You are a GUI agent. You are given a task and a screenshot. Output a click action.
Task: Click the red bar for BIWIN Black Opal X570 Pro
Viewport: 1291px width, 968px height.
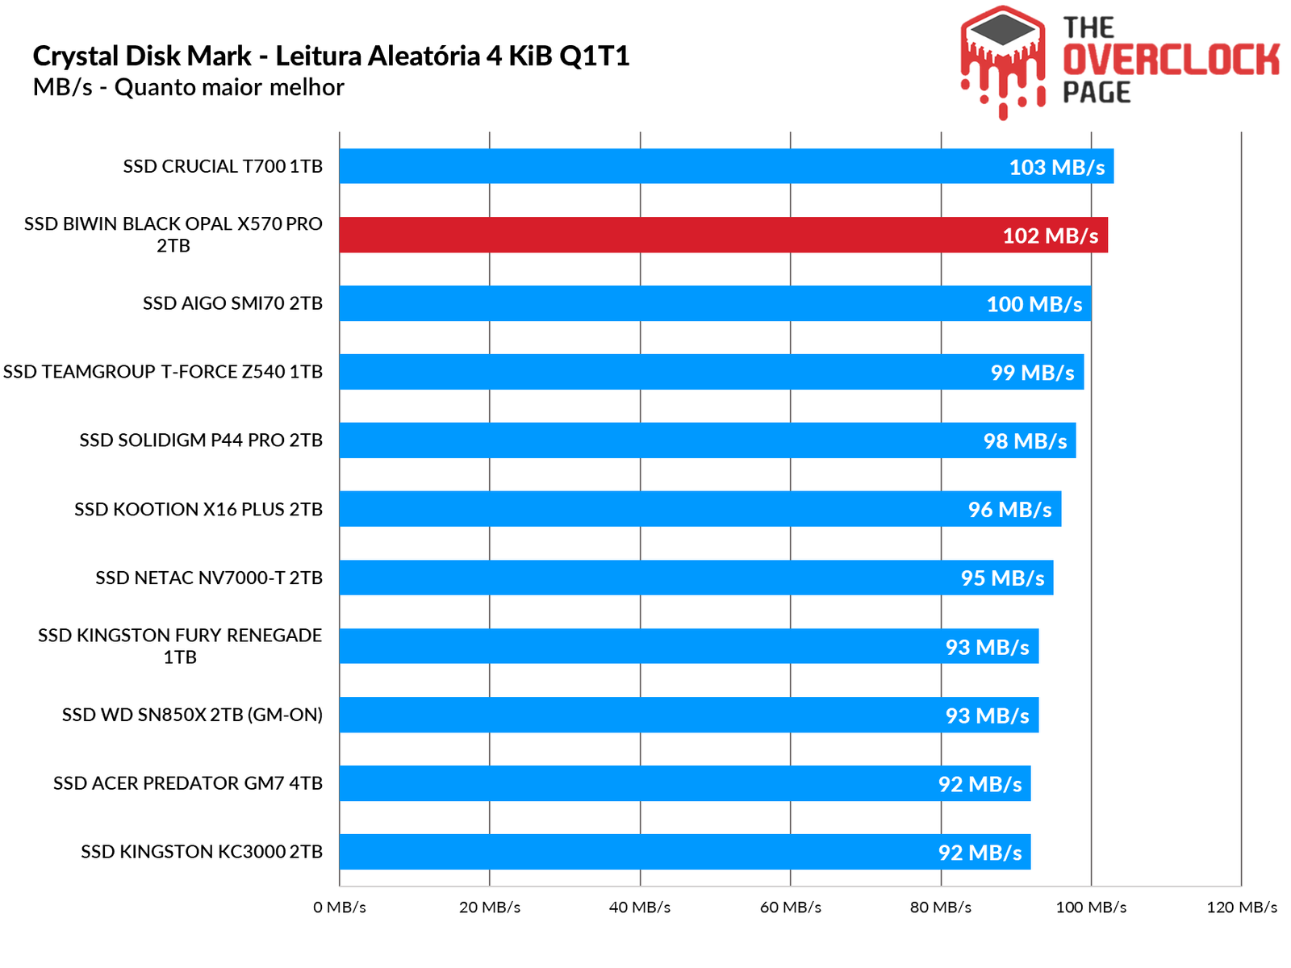pos(723,235)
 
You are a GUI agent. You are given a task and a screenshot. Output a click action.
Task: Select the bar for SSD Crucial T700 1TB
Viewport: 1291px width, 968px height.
pos(726,166)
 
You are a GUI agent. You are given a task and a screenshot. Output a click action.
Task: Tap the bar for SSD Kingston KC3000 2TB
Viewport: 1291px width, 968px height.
pos(684,852)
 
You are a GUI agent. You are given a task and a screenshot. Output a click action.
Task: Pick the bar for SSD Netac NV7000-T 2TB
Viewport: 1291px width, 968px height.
pos(696,578)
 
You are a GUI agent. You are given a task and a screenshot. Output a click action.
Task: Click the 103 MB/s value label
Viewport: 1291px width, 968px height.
pos(1056,167)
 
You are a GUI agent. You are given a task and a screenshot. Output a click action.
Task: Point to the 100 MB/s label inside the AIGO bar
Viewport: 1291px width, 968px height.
pos(1034,304)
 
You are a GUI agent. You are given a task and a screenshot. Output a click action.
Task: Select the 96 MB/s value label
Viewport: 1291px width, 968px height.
pos(1009,510)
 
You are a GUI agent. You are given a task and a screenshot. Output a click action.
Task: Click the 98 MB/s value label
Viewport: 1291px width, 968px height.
pos(1025,441)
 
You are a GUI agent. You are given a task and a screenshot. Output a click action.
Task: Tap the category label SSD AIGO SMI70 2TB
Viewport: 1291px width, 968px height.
pos(232,303)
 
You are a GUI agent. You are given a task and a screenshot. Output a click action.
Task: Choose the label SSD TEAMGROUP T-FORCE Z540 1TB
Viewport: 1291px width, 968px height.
pos(163,372)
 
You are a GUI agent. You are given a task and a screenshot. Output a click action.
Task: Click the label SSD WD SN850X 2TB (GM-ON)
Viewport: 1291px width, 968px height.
pos(192,715)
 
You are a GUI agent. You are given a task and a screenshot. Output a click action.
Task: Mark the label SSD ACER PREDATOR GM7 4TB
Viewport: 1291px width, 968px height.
pos(188,783)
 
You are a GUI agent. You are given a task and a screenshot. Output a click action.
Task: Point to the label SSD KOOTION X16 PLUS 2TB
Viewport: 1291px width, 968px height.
pos(198,509)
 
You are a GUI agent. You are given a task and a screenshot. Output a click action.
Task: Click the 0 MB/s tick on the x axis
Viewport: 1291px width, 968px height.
pos(340,907)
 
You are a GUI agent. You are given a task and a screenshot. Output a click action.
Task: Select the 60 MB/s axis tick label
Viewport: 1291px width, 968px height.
pos(791,907)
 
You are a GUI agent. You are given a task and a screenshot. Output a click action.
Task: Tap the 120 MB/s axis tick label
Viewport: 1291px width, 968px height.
pos(1242,907)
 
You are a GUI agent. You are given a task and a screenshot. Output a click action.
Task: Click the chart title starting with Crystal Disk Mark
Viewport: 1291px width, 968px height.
pos(331,56)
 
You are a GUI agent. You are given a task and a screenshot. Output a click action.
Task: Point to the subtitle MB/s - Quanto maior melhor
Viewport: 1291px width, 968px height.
pos(189,87)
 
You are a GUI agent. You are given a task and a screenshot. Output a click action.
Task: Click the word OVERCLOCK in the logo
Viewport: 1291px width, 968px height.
pos(1171,60)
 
